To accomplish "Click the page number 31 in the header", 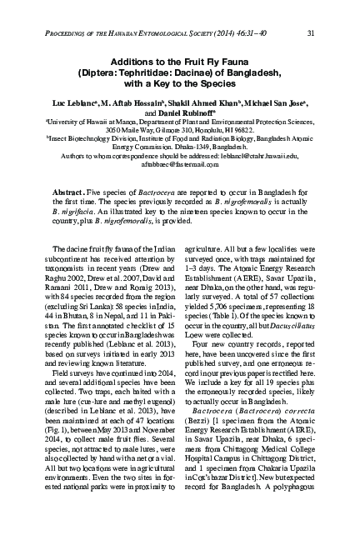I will click(310, 33).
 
